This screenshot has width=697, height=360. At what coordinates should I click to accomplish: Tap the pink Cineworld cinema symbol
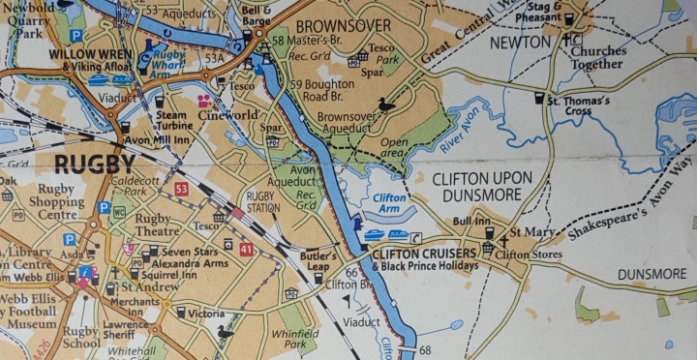pyautogui.click(x=204, y=100)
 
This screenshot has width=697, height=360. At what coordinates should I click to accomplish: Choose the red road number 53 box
pyautogui.click(x=182, y=189)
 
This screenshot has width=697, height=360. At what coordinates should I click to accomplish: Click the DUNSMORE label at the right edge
pyautogui.click(x=651, y=274)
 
